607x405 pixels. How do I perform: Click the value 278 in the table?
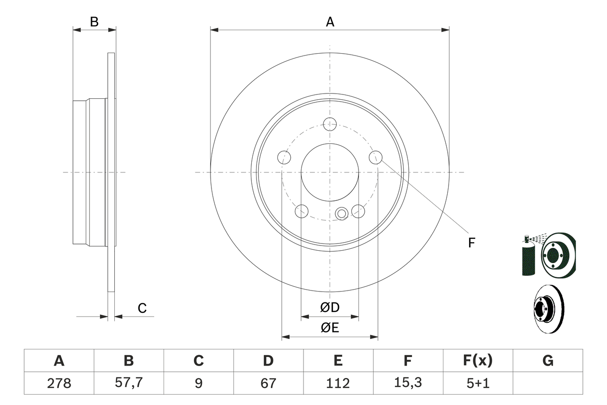pos(59,383)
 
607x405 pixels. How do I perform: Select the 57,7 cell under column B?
pos(129,383)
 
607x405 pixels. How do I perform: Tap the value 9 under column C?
pos(198,383)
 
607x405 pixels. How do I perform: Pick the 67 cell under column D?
pos(268,383)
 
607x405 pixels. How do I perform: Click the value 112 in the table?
pos(338,383)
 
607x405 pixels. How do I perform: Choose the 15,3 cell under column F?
pos(407,383)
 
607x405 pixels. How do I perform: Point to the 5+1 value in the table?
pos(478,383)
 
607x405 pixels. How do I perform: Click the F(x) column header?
pos(478,361)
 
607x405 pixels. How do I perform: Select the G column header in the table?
pos(548,361)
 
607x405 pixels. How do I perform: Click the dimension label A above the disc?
pos(330,22)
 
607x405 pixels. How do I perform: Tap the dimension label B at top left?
pos(94,22)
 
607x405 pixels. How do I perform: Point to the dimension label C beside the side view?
pos(142,308)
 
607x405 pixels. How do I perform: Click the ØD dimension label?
pos(330,308)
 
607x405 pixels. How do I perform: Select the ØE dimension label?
pos(330,328)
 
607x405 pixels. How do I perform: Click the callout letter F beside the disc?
pos(471,243)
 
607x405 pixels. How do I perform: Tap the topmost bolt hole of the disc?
pos(330,124)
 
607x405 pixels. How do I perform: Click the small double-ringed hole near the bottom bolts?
pos(341,214)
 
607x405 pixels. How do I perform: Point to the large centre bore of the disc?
pos(330,172)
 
